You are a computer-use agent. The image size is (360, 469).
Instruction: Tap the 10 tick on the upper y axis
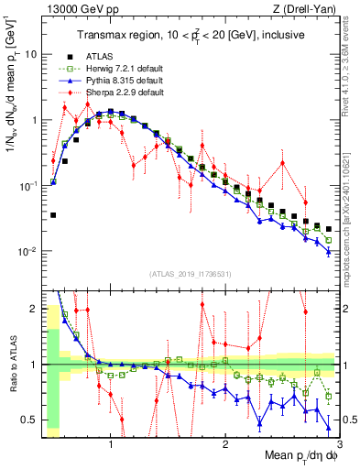point(31,54)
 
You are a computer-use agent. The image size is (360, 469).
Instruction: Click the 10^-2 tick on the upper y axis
point(27,252)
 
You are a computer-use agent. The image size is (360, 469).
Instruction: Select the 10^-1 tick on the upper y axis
point(27,186)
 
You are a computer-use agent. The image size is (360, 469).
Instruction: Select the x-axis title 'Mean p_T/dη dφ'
point(295,455)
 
